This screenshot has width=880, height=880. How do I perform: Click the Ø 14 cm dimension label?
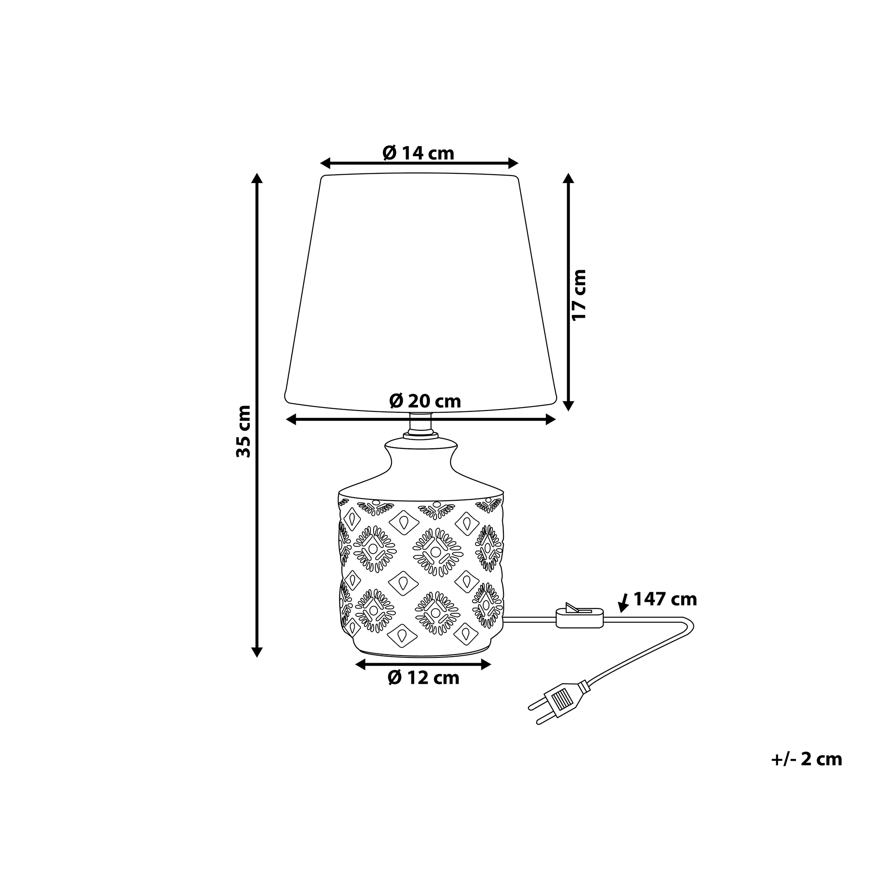point(418,153)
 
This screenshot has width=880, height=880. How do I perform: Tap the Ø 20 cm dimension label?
point(425,401)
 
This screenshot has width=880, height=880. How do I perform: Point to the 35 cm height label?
point(244,431)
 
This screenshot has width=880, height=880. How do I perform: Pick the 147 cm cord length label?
point(665,599)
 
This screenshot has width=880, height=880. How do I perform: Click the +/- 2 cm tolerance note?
point(807,759)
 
